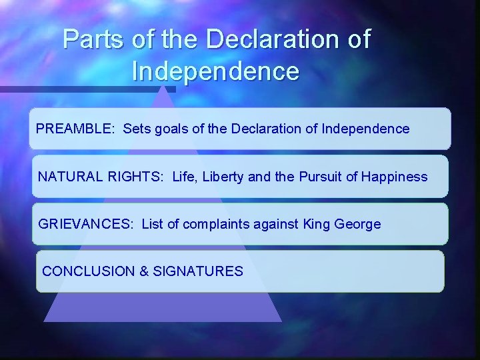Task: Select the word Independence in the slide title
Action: click(216, 71)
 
